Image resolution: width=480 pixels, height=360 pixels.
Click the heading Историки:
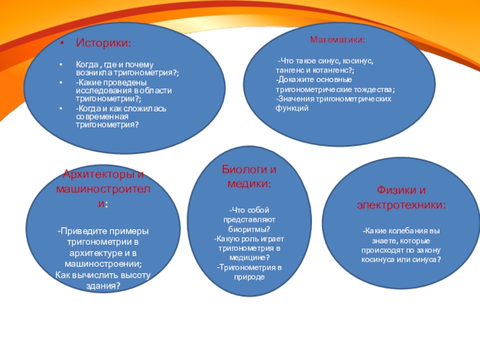pos(104,44)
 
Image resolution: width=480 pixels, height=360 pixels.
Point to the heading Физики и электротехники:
pos(401,197)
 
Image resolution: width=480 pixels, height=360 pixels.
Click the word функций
pos(292,108)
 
